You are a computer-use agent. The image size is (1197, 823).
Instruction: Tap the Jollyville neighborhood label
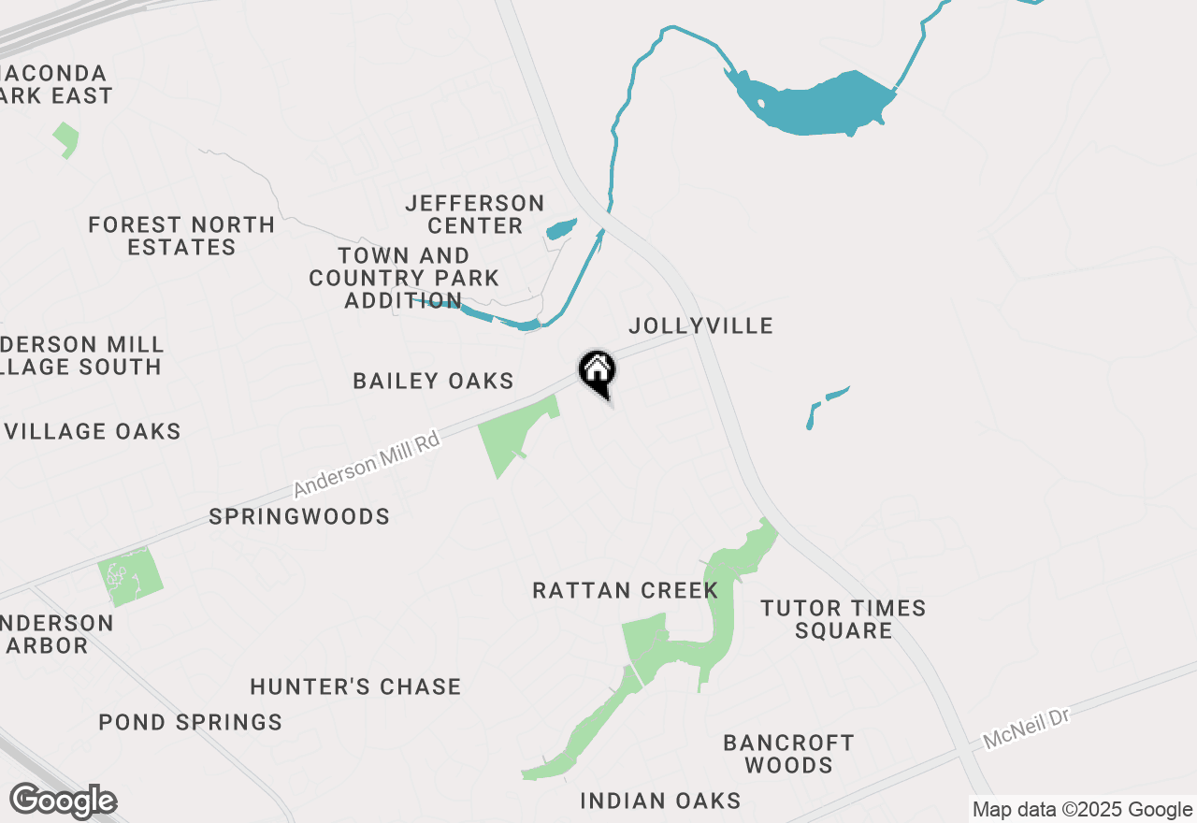(x=700, y=325)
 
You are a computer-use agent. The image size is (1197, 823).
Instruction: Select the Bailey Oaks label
(x=433, y=381)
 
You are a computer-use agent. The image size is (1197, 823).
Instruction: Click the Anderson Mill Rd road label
(x=366, y=464)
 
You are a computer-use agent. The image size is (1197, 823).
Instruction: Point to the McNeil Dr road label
(x=1025, y=728)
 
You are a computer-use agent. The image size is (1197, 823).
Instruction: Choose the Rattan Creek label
(x=625, y=590)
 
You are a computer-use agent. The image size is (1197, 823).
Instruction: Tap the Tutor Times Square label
(x=844, y=619)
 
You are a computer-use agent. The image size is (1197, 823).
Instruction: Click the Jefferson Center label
(x=474, y=214)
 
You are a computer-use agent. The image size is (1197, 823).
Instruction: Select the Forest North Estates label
(x=181, y=236)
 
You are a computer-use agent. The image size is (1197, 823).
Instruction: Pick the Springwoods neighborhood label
(x=299, y=516)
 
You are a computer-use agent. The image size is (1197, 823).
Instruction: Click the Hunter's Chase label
(x=355, y=686)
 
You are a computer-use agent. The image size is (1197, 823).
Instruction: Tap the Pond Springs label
(x=190, y=722)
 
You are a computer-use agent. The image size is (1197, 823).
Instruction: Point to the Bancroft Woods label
(x=788, y=754)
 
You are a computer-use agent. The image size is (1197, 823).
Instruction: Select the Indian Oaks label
(x=660, y=801)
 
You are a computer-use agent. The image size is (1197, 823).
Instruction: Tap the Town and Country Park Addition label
(x=404, y=278)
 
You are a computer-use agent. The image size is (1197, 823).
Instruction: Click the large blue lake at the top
(x=814, y=103)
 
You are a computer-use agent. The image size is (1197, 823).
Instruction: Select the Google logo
(x=63, y=801)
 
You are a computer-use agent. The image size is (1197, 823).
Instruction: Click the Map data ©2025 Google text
(x=1081, y=810)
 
